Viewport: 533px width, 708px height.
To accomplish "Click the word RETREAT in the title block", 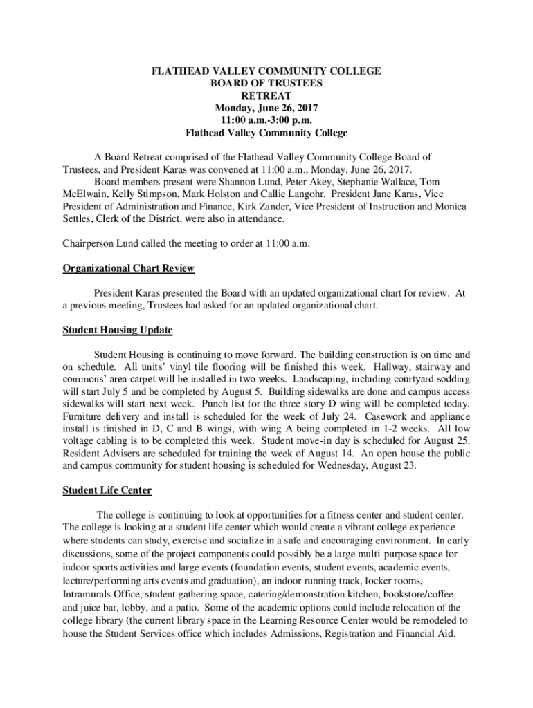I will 266,95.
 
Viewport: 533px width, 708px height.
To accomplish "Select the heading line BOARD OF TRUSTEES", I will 266,83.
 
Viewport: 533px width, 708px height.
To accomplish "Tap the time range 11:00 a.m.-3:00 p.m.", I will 266,120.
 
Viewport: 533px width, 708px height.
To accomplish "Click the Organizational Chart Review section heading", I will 128,268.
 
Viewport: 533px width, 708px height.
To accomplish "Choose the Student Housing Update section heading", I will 117,330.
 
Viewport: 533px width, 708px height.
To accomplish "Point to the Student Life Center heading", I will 107,490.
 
